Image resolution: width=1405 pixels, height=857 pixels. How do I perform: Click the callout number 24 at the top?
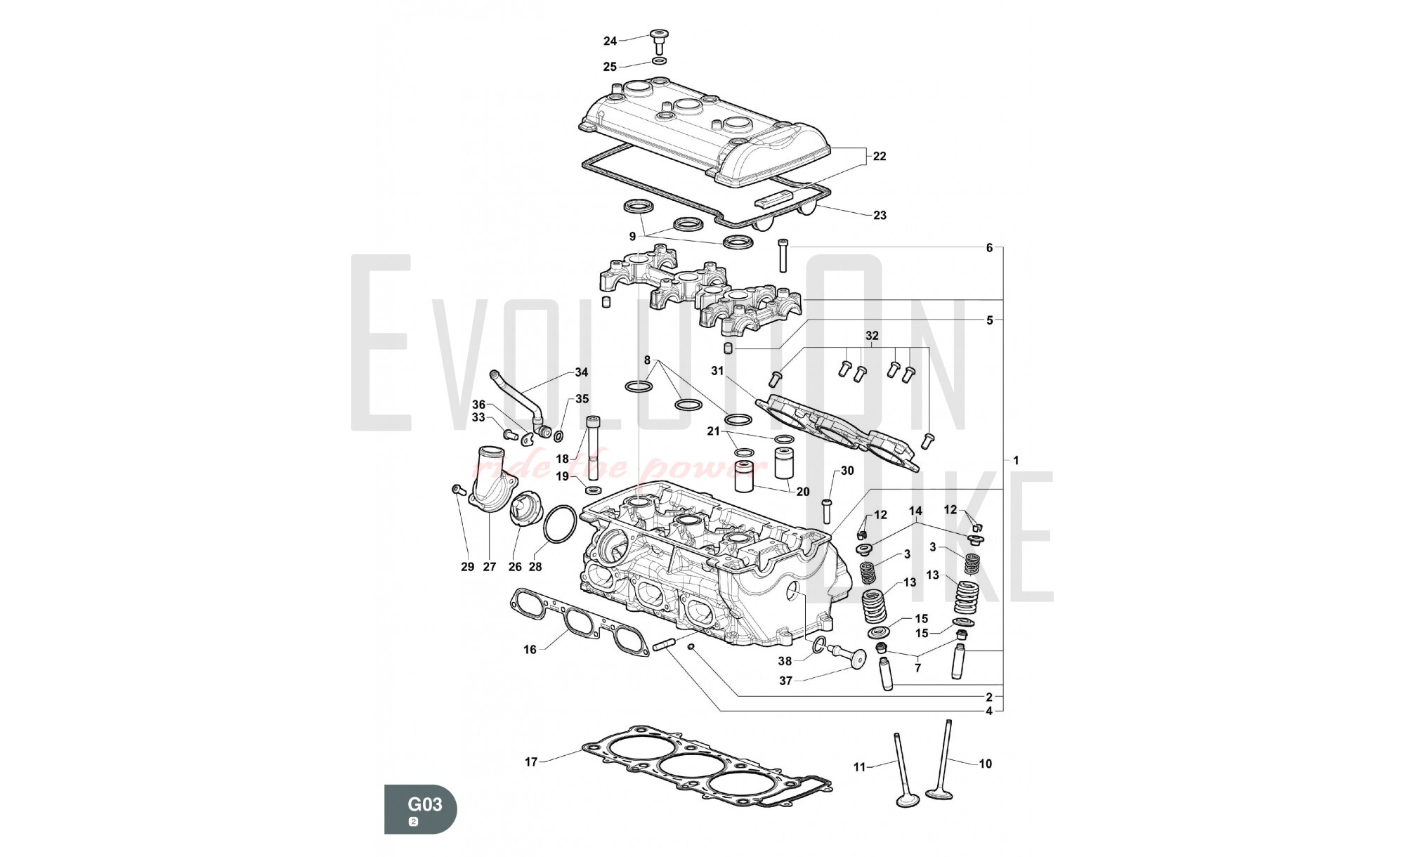tap(610, 41)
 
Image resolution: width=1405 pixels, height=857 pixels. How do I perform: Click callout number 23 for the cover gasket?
tap(880, 216)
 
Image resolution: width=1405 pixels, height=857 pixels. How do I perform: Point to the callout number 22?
tap(880, 157)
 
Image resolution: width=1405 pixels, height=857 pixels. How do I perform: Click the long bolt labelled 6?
tap(783, 256)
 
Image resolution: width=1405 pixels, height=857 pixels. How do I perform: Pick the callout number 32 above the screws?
tap(872, 336)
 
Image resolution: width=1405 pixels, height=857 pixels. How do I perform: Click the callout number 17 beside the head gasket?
tap(531, 762)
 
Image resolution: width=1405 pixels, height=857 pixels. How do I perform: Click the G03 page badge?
tap(421, 809)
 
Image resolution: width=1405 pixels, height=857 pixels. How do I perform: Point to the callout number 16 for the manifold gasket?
tap(530, 650)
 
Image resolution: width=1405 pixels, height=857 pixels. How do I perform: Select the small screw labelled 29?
tap(458, 490)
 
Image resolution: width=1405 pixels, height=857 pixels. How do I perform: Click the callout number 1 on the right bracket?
tap(1015, 461)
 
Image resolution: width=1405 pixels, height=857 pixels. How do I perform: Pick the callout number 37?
tap(785, 681)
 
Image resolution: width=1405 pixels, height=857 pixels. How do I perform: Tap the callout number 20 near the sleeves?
tap(803, 492)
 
